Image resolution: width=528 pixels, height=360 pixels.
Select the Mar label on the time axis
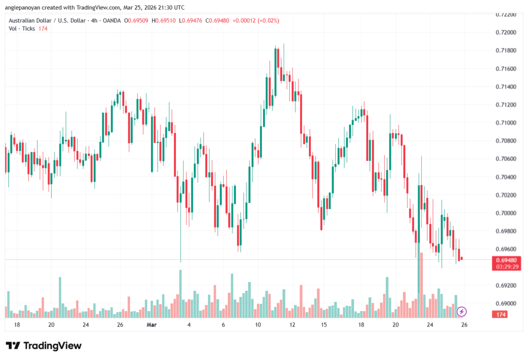(151, 325)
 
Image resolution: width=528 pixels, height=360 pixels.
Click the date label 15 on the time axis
(324, 325)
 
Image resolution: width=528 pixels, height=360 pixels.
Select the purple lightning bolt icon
(462, 311)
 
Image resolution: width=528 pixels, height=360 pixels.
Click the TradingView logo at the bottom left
(43, 346)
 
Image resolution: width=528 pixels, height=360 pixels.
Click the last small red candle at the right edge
(462, 258)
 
